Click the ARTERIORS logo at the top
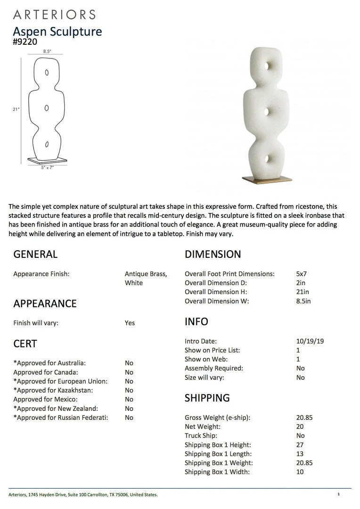[x=54, y=15]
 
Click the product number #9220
[x=25, y=41]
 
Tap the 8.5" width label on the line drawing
[x=47, y=51]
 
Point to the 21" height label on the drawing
[x=16, y=109]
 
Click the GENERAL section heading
[x=35, y=254]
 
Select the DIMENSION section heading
[x=213, y=254]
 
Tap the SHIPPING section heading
[x=207, y=398]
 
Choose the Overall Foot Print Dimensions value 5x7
[x=302, y=274]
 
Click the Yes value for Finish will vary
[x=130, y=323]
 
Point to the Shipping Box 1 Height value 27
[x=300, y=445]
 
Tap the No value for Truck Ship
[x=300, y=436]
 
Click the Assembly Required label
[x=214, y=369]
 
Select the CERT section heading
[x=25, y=344]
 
